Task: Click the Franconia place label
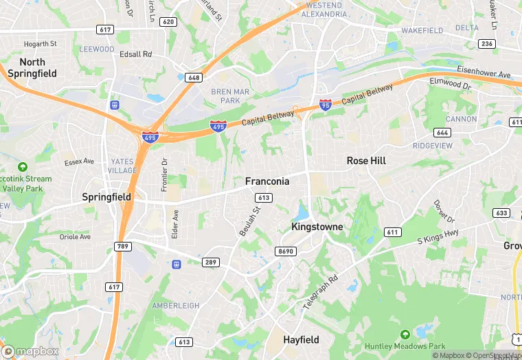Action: (x=267, y=181)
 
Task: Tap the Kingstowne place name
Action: (x=317, y=226)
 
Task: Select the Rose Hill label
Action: (x=366, y=160)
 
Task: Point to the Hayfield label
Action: (x=301, y=339)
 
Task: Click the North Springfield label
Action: (x=32, y=67)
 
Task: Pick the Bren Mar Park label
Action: (x=225, y=96)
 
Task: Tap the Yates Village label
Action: (x=123, y=166)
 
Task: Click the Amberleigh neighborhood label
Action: (x=175, y=305)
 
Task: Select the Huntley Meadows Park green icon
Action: (x=405, y=334)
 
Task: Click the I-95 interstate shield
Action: (x=326, y=104)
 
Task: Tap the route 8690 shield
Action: (x=285, y=251)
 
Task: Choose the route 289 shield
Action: (x=211, y=262)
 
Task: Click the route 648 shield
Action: (x=194, y=78)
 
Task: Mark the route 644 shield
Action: (x=442, y=132)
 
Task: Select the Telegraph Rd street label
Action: (x=321, y=291)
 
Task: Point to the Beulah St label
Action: (x=249, y=221)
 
